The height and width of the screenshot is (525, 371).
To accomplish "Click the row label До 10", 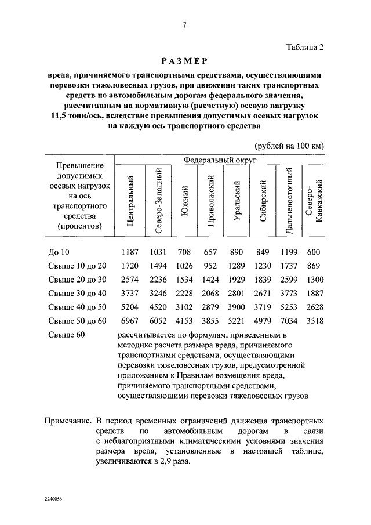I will point(59,252).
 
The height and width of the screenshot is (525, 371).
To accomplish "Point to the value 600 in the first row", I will point(314,252).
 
